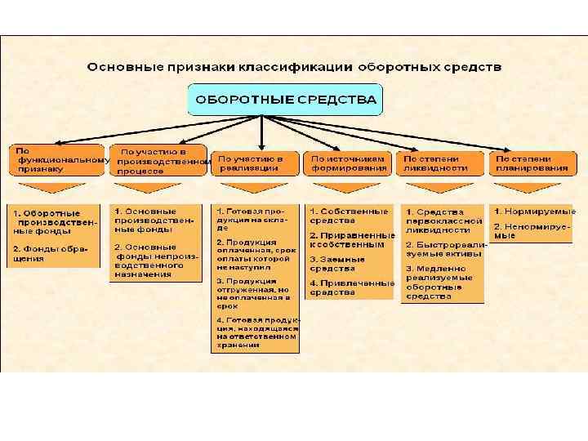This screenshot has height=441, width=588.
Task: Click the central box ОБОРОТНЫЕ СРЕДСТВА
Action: pos(284,100)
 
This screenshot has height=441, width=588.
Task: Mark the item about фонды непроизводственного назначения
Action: pos(154,261)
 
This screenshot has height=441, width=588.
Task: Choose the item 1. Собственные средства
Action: pos(348,216)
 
